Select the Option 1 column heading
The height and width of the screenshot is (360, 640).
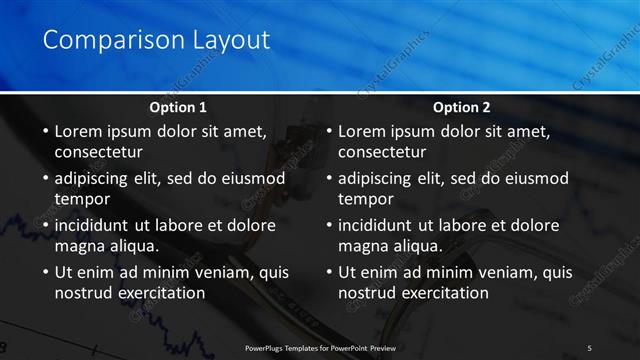click(x=178, y=107)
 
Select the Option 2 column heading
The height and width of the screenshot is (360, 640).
click(x=462, y=107)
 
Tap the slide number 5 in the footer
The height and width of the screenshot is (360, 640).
click(x=589, y=347)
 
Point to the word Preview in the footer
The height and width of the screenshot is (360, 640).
click(x=380, y=347)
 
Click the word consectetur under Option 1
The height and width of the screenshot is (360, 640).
click(x=98, y=152)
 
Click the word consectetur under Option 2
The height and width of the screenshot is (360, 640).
click(x=382, y=152)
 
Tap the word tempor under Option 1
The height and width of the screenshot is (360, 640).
click(x=80, y=199)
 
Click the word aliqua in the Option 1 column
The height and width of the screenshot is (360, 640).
click(x=134, y=245)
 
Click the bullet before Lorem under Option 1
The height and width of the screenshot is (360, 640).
click(x=44, y=132)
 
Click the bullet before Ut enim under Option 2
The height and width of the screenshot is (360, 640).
click(x=328, y=273)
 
